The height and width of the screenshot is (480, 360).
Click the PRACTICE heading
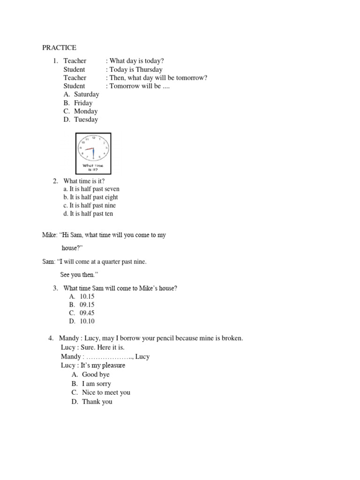tap(59, 47)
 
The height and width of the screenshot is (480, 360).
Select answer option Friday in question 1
tap(83, 103)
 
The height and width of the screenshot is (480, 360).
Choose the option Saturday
tap(86, 94)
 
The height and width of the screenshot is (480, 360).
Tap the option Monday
tap(85, 111)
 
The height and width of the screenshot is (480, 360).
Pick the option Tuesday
tap(86, 120)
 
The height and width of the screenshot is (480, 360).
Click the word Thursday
tap(149, 69)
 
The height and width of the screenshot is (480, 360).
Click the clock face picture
tap(93, 148)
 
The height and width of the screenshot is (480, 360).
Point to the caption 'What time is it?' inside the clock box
tap(93, 167)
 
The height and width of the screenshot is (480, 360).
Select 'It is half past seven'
tap(91, 189)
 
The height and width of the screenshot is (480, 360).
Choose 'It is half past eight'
tap(90, 197)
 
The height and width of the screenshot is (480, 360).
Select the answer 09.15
tap(87, 305)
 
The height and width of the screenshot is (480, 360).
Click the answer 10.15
tap(87, 296)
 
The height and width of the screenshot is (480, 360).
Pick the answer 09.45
tap(87, 313)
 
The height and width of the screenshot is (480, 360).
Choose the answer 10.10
tap(87, 321)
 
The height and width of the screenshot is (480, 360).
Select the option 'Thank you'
tap(97, 402)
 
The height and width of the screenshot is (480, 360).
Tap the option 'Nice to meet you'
tap(106, 392)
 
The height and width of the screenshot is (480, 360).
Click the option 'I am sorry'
tap(96, 383)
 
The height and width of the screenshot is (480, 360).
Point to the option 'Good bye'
tap(96, 375)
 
